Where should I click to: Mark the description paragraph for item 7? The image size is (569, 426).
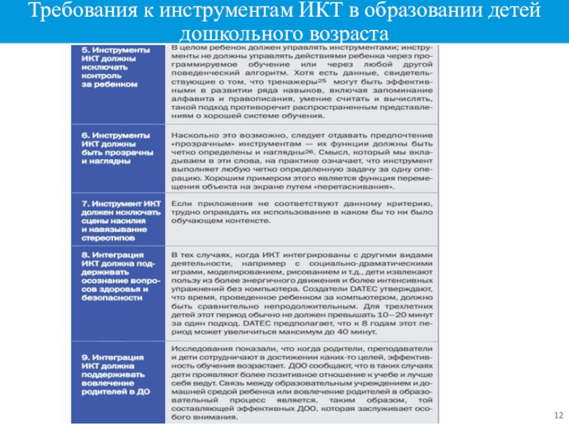[302, 213]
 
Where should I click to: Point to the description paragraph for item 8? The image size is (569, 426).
[302, 290]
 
